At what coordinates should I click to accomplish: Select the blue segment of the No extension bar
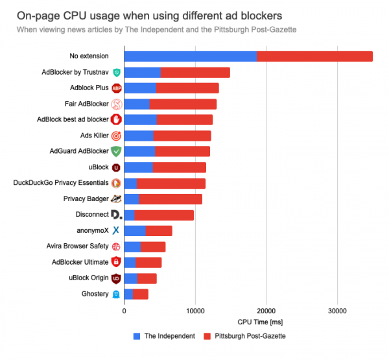point(190,56)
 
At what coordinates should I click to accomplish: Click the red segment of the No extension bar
point(314,56)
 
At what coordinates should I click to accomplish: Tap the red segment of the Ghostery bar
point(141,294)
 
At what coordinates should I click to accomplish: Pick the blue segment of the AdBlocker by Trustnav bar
point(142,72)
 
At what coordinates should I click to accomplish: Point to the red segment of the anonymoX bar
point(159,230)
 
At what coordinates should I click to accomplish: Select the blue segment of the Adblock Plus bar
point(140,88)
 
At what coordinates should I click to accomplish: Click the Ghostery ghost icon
point(116,294)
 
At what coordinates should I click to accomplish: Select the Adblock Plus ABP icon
point(117,88)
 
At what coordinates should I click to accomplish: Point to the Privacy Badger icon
point(117,199)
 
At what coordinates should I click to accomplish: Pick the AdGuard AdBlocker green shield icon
point(116,151)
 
